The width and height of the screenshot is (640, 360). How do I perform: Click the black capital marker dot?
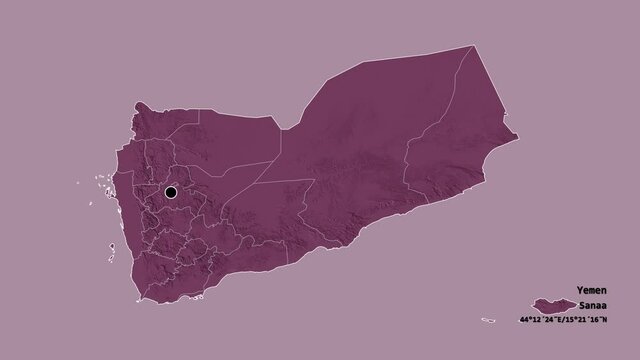point(171,192)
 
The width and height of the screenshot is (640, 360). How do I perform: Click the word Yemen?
point(591,289)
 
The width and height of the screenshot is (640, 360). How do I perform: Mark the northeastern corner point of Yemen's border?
point(477,46)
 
